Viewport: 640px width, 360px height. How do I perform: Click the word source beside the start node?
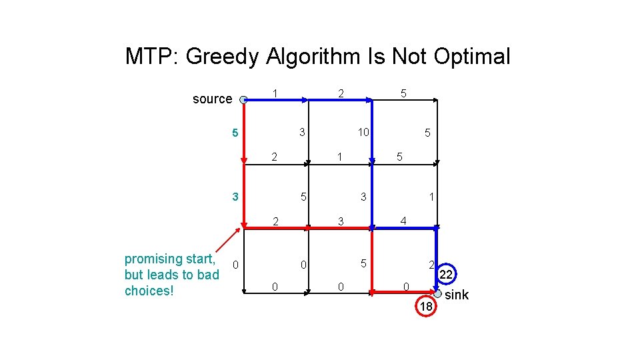click(x=212, y=99)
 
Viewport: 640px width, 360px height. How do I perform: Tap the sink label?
click(x=457, y=295)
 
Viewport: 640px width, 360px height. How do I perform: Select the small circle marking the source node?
click(x=243, y=99)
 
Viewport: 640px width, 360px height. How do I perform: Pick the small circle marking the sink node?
click(x=437, y=293)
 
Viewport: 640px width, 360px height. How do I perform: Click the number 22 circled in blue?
click(x=446, y=275)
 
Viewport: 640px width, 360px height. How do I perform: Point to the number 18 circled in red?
click(x=425, y=305)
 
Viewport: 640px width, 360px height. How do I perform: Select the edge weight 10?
click(x=363, y=133)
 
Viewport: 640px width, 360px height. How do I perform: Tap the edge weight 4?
click(x=403, y=221)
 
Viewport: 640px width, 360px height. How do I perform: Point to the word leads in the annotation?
click(x=166, y=275)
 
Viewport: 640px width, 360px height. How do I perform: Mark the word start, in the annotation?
click(x=200, y=259)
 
